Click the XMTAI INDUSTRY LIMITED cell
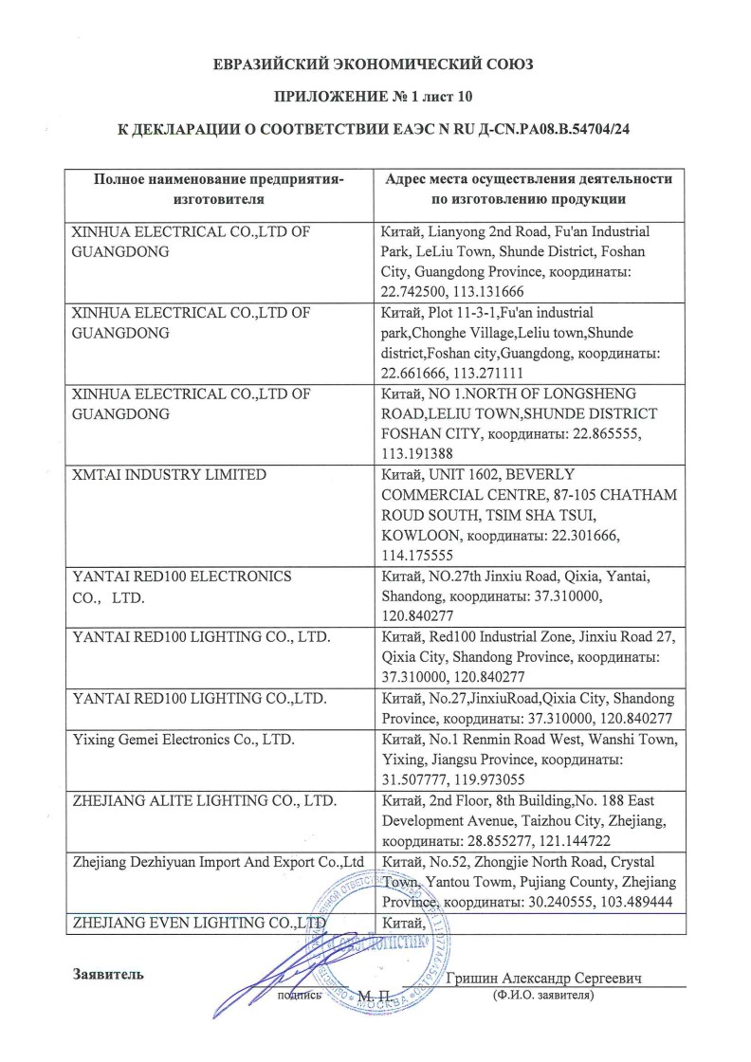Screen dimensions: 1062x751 coord(170,474)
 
